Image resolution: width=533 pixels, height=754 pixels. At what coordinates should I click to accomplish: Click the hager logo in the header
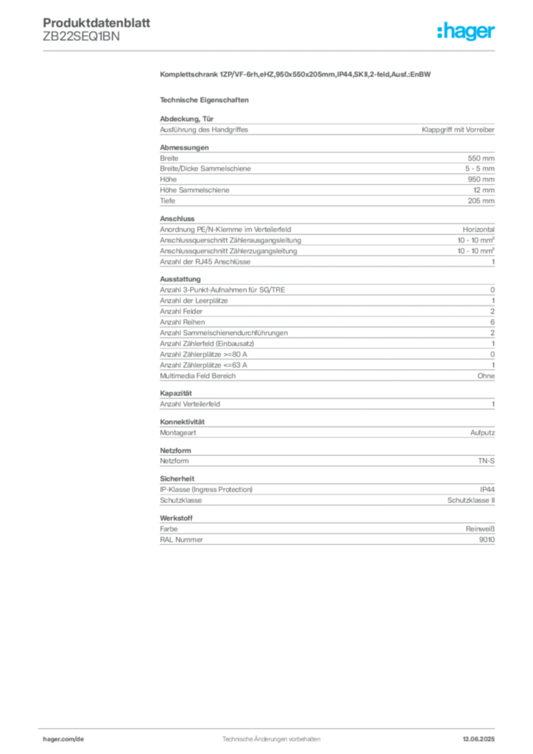(466, 31)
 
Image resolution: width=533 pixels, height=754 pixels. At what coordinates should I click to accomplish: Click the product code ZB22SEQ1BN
(81, 37)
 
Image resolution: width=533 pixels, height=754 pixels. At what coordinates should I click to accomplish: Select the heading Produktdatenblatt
(96, 23)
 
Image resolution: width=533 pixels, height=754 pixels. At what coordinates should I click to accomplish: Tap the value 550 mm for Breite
(481, 158)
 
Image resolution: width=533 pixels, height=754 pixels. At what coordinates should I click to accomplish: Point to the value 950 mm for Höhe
(481, 180)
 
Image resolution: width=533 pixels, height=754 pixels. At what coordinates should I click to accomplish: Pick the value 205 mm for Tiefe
(481, 201)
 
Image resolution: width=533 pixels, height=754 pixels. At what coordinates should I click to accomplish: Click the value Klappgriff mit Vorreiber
(458, 130)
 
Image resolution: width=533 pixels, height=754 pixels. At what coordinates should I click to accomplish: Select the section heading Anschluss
(177, 219)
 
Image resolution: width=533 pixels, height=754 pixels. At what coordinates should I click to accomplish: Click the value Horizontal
(479, 230)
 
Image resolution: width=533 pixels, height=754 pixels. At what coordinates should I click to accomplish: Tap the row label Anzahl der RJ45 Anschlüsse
(205, 262)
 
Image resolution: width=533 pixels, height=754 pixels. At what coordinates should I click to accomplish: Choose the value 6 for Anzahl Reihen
(493, 323)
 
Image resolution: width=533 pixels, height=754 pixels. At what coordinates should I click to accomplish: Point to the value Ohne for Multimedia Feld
(486, 376)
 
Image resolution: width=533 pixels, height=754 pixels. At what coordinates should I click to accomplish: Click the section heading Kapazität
(176, 393)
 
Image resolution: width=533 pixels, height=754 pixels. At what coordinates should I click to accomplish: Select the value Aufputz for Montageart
(482, 433)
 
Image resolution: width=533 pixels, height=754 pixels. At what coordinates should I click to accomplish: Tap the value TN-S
(487, 461)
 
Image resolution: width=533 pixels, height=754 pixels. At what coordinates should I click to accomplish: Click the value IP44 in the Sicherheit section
(487, 490)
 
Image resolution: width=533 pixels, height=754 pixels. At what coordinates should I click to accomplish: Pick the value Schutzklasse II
(471, 501)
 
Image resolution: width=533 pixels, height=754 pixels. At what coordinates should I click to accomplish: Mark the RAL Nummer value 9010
(487, 540)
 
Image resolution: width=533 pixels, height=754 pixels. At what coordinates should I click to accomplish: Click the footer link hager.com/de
(63, 739)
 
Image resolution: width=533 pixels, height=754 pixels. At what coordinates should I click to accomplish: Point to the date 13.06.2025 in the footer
(479, 739)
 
